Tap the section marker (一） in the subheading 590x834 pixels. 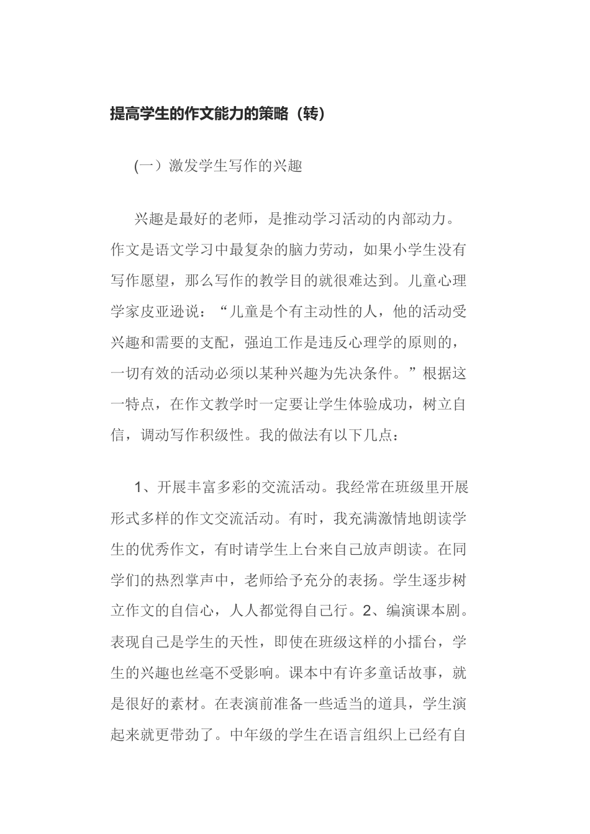pyautogui.click(x=148, y=166)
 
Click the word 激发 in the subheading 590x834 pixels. pyautogui.click(x=183, y=166)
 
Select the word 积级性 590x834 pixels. pyautogui.click(x=221, y=436)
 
